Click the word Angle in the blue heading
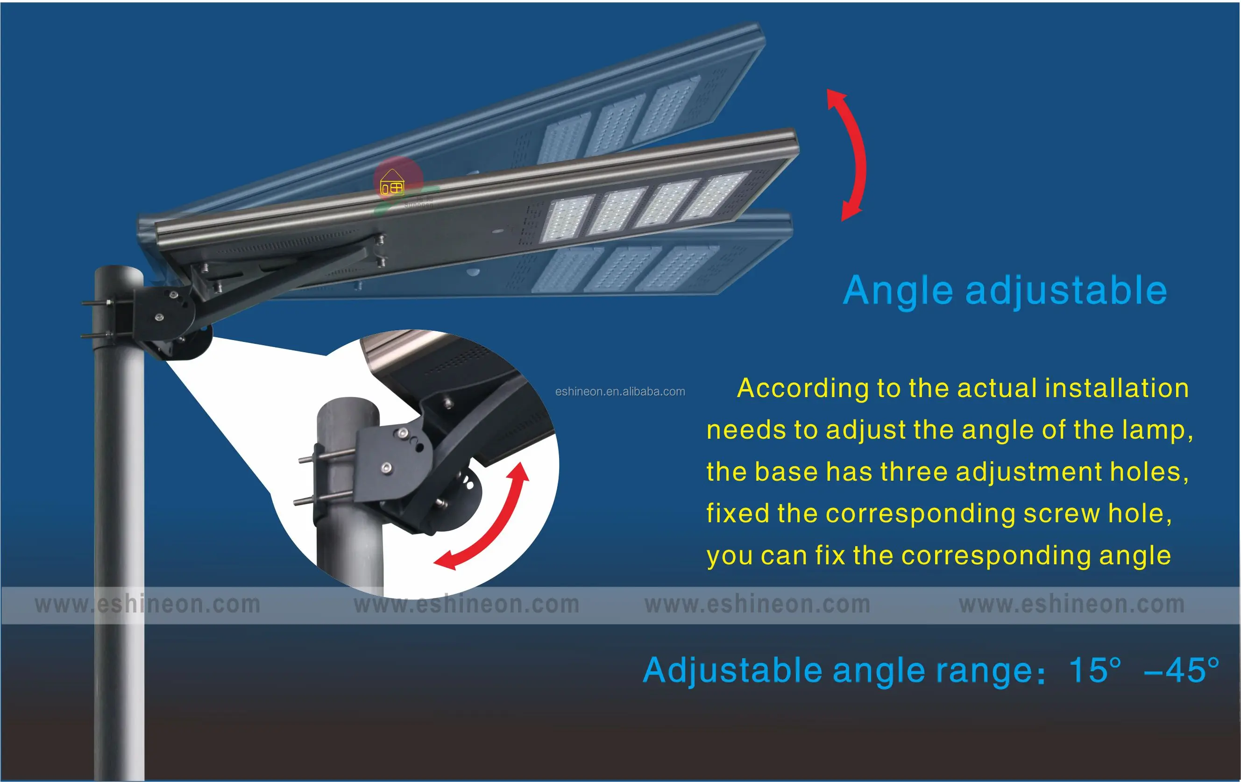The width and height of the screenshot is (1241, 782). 898,291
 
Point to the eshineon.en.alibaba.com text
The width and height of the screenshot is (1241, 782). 620,392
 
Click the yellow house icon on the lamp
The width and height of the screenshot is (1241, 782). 392,183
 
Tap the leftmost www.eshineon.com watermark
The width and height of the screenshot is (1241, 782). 148,604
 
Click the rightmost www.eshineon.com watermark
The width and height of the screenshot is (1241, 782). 1072,604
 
